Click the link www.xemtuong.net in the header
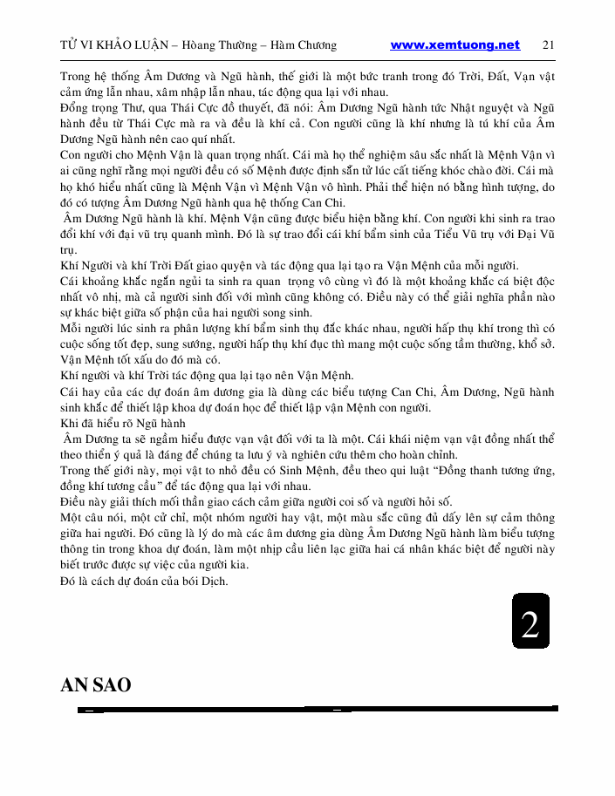[x=454, y=45]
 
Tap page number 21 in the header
[x=549, y=45]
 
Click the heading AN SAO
[x=95, y=685]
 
